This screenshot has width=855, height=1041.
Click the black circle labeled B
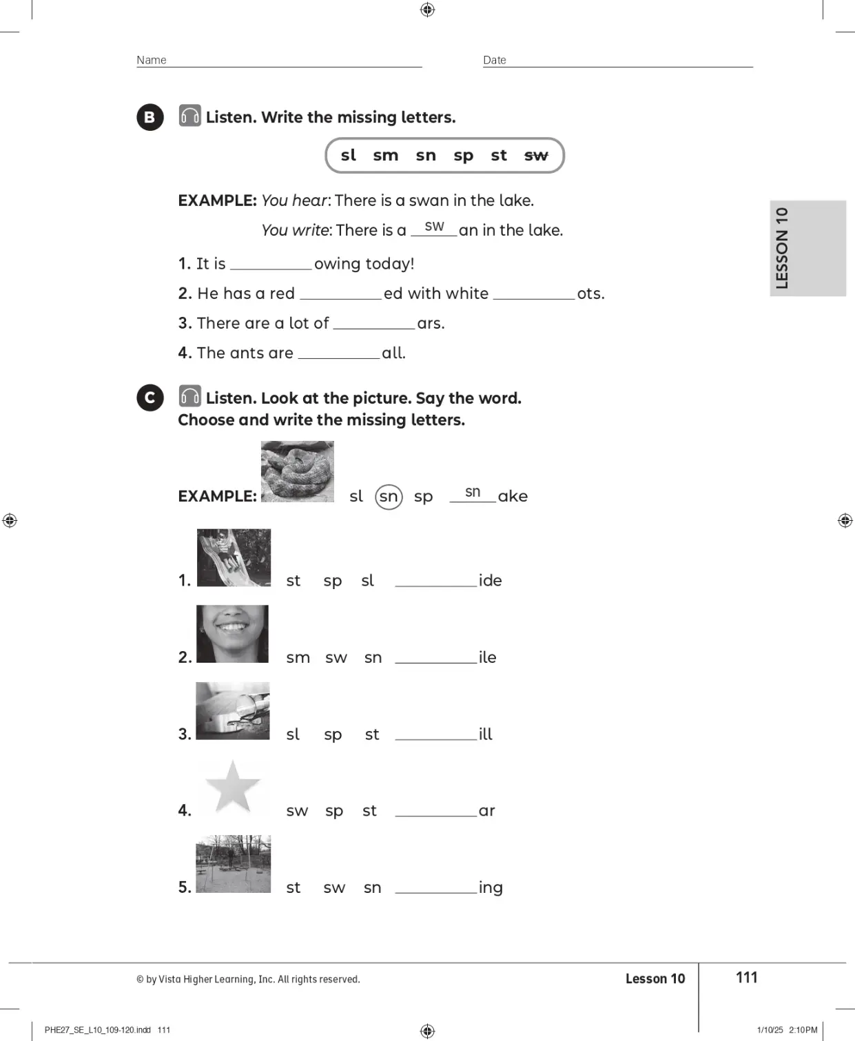(x=150, y=118)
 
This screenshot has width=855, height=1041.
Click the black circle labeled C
(x=150, y=398)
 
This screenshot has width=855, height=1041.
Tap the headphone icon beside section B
(x=190, y=116)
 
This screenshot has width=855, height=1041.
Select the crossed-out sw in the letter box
(x=536, y=156)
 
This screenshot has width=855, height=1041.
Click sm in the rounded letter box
(x=386, y=156)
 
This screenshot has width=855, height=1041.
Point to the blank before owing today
(x=271, y=269)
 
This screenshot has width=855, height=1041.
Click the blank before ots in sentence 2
(x=534, y=298)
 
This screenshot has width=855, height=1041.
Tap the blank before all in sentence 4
(x=339, y=358)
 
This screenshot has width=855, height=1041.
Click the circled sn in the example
(x=389, y=497)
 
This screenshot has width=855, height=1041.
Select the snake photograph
(x=297, y=471)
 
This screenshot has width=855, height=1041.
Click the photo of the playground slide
(x=234, y=557)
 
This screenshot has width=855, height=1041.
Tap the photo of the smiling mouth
(x=232, y=634)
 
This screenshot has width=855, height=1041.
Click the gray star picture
(x=233, y=787)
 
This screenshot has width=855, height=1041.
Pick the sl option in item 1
(x=367, y=581)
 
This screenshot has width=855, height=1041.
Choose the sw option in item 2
(x=336, y=658)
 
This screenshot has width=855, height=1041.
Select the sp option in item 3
(x=333, y=735)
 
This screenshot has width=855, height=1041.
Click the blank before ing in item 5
(x=436, y=892)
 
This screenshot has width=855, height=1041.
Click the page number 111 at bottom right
(x=746, y=978)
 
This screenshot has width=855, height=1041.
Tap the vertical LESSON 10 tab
(x=807, y=248)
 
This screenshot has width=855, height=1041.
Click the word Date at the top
(x=495, y=60)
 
